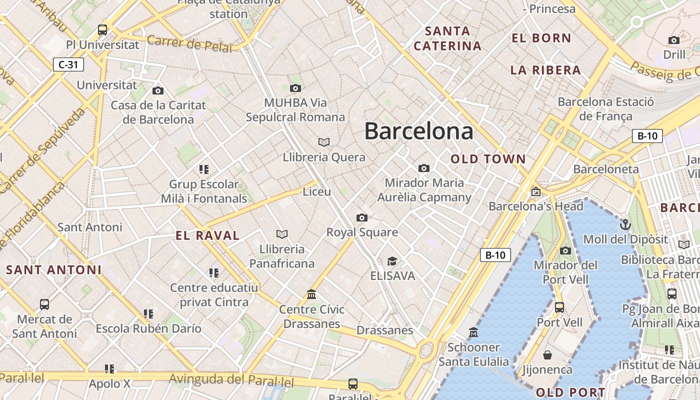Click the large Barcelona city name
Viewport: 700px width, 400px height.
[x=418, y=131]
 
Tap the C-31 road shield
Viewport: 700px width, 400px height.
[x=68, y=64]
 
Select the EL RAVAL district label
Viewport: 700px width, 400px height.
[x=207, y=235]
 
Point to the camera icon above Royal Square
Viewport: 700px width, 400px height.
[x=362, y=217]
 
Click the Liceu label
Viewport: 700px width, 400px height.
[x=317, y=191]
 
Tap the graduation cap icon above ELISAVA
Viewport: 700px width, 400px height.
[x=392, y=261]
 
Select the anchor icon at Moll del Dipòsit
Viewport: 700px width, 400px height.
[x=625, y=224]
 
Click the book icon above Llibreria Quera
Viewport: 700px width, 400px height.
[x=324, y=142]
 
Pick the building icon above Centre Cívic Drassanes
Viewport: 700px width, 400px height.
[x=311, y=294]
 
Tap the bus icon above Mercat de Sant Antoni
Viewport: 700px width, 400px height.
[x=44, y=304]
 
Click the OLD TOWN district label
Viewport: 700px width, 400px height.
[x=488, y=159]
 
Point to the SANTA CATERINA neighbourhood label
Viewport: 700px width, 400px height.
[x=447, y=38]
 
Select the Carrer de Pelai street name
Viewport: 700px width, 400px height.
[x=189, y=43]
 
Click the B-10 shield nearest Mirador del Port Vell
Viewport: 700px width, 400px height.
[x=495, y=255]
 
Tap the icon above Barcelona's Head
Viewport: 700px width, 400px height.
[x=536, y=191]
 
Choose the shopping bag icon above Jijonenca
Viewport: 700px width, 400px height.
[x=547, y=355]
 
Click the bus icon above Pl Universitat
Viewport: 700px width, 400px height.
[x=102, y=29]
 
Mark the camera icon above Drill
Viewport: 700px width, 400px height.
[x=674, y=40]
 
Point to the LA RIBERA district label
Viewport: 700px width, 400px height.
[x=545, y=70]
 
